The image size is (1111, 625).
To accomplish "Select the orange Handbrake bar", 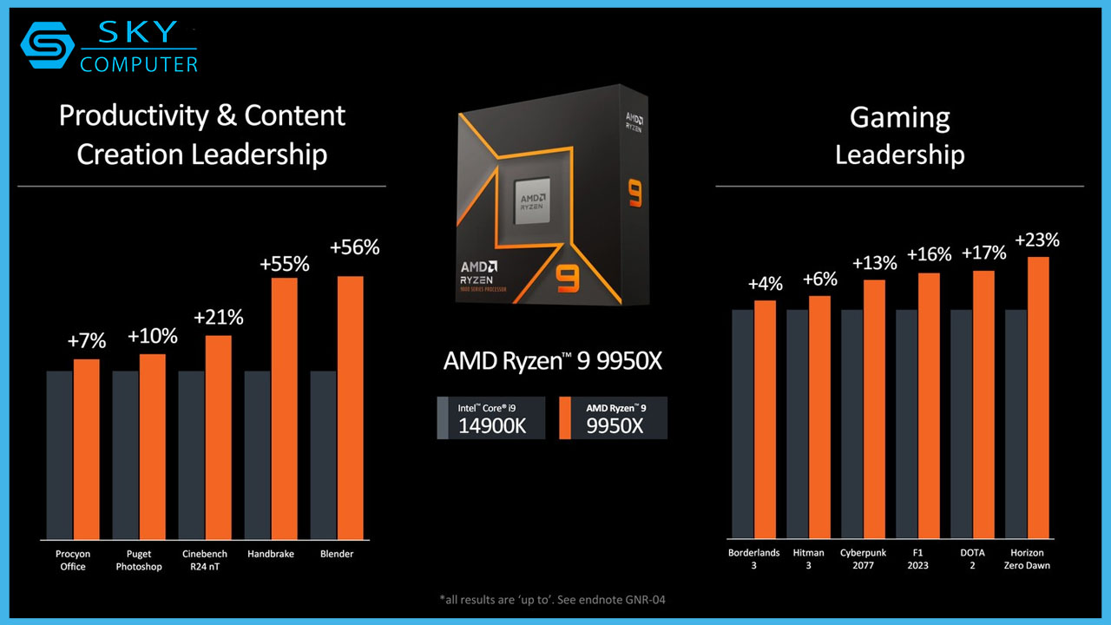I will click(x=285, y=407).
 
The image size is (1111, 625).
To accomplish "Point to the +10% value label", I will click(x=152, y=336).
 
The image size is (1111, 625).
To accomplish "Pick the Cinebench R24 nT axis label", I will click(x=205, y=560).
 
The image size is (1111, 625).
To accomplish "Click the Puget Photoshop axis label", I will click(x=139, y=560).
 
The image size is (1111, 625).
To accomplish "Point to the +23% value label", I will click(x=1037, y=240).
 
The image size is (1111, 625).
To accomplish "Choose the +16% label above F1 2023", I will click(x=929, y=255).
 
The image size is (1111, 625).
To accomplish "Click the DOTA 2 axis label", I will click(x=972, y=559).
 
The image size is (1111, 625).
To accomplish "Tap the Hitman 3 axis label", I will click(x=808, y=559).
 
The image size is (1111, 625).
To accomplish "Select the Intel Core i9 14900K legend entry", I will click(x=491, y=418).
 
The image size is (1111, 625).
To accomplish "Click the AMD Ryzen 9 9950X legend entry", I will click(x=613, y=418).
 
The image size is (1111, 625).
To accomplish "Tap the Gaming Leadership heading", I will click(x=899, y=135).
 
